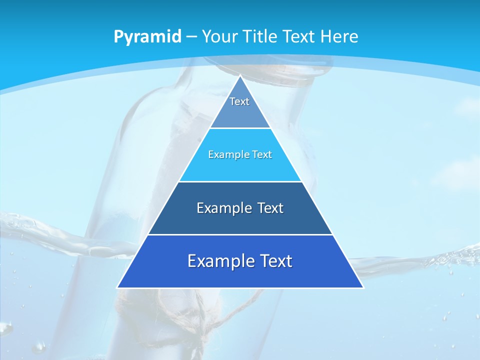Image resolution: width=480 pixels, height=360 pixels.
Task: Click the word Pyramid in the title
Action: (147, 37)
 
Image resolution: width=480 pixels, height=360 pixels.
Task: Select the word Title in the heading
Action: (262, 36)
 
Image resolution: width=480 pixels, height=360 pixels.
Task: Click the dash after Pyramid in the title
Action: (191, 37)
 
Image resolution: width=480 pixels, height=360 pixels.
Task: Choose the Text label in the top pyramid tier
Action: (239, 101)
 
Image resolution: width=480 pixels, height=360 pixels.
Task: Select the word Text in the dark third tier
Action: (270, 208)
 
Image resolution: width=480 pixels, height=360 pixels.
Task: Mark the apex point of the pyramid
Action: (240, 76)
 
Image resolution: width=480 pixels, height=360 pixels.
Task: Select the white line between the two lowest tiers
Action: (240, 234)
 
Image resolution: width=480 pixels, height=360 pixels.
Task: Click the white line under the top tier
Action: (240, 128)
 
